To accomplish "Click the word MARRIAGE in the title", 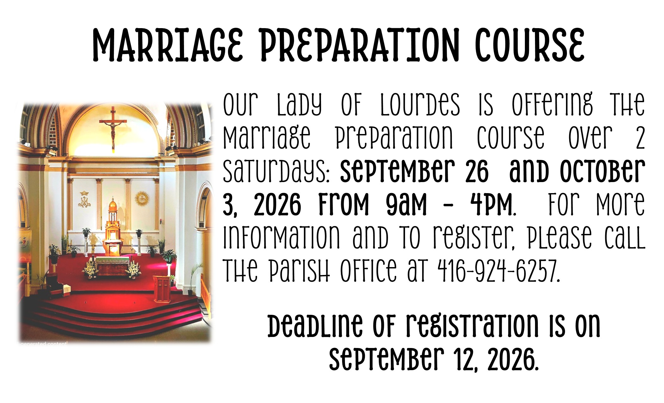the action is [x=168, y=45].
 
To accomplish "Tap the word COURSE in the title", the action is [x=530, y=45].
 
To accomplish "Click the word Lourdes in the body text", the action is [x=420, y=105].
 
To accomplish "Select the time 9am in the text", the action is [x=406, y=205].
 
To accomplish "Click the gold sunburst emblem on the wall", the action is [x=142, y=199].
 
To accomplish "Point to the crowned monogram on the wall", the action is [x=84, y=200].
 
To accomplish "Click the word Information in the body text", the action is [x=281, y=237].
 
